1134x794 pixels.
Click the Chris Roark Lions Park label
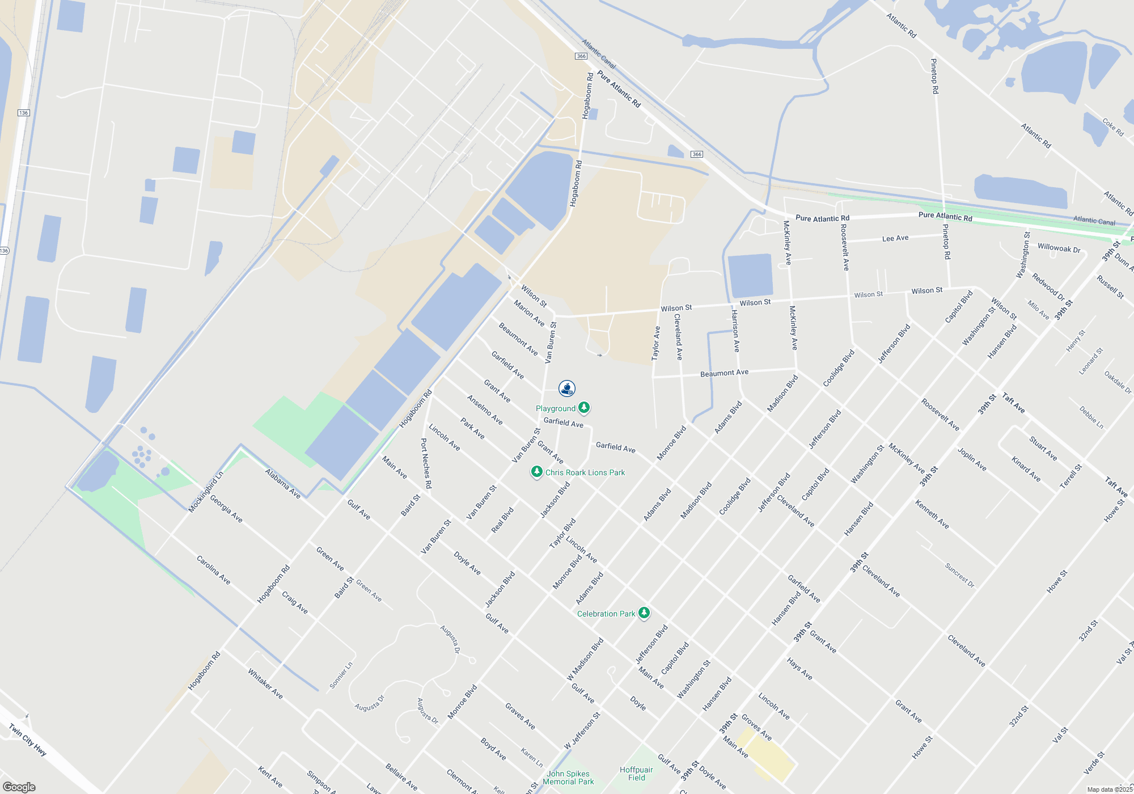tap(585, 472)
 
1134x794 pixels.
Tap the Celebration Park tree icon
tap(644, 613)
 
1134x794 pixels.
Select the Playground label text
tap(555, 408)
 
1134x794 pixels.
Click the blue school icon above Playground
tap(567, 388)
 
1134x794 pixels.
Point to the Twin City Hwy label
tap(27, 739)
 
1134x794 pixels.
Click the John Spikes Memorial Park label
tap(568, 778)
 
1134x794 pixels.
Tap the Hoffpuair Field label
tap(636, 774)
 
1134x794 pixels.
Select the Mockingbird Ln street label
tap(205, 492)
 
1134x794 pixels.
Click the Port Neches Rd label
tap(426, 463)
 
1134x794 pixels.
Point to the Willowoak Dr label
tap(1059, 248)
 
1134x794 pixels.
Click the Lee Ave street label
tap(895, 238)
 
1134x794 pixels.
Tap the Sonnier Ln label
tap(341, 675)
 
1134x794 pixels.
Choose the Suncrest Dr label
tap(959, 575)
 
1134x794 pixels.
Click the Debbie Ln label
tap(1091, 417)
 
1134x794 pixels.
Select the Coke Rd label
tap(1112, 127)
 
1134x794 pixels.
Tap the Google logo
tap(19, 787)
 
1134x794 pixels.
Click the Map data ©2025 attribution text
tap(1109, 789)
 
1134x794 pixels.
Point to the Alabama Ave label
tap(282, 483)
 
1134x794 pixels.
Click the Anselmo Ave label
tap(485, 409)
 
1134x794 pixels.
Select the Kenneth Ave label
tap(932, 514)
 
